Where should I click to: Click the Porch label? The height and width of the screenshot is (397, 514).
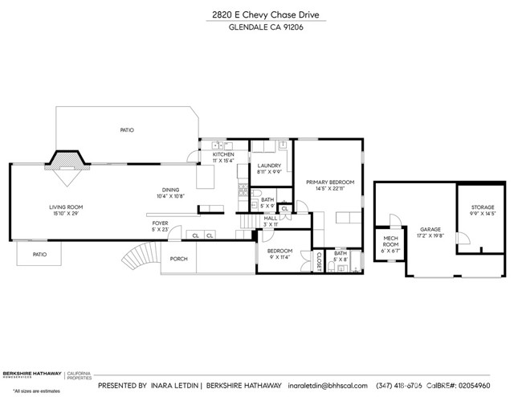178,259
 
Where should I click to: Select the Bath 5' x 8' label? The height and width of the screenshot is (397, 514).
341,256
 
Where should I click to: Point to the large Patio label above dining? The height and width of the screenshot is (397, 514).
127,129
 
